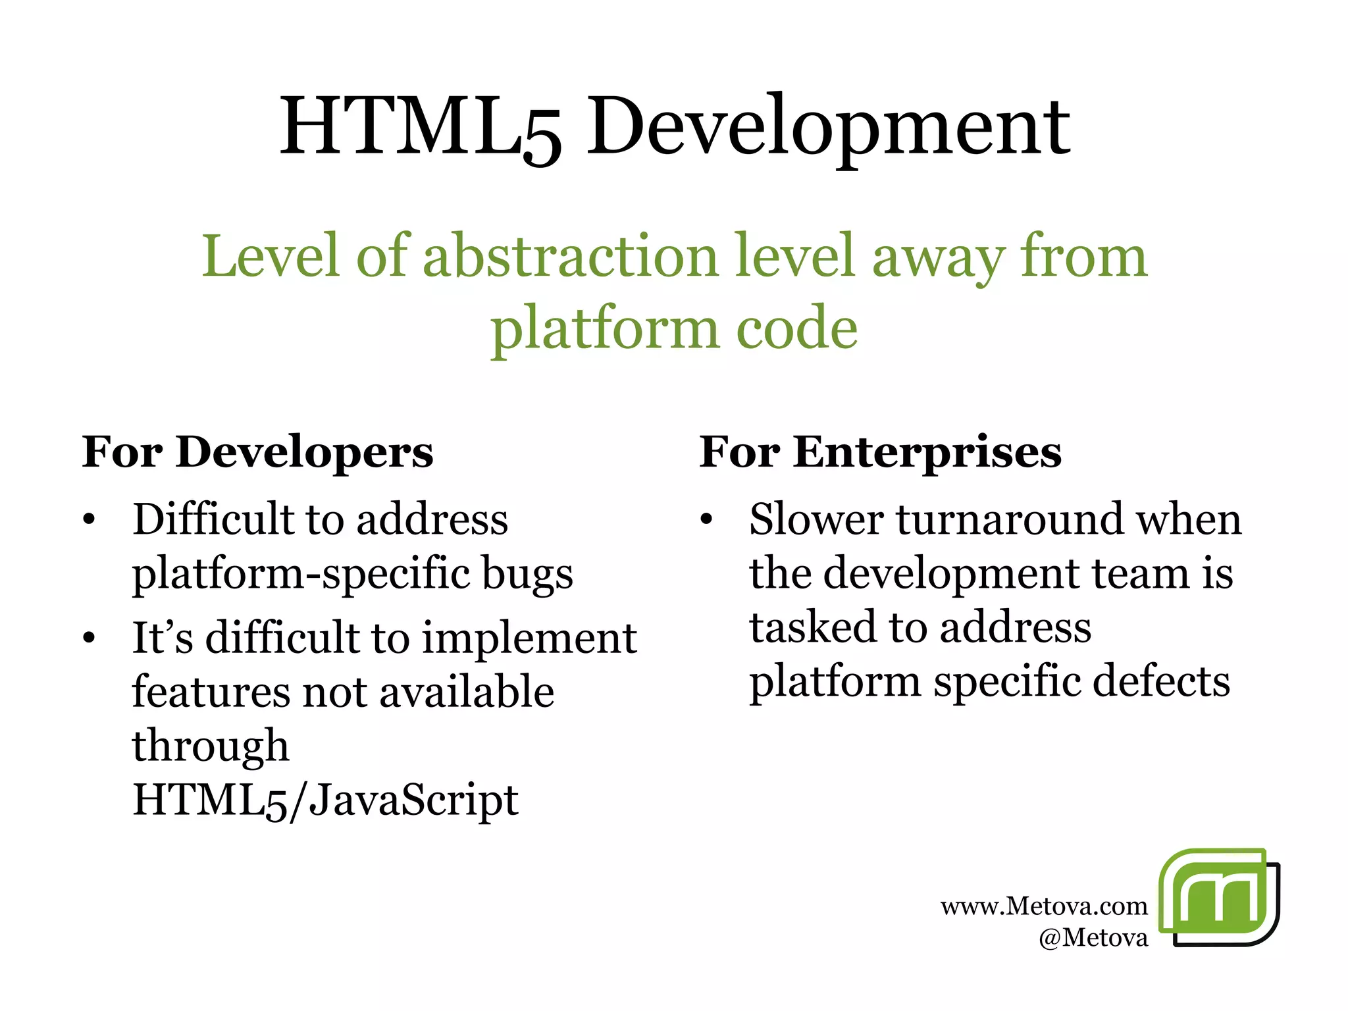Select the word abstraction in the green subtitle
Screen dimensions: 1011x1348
[570, 257]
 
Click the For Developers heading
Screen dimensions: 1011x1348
[258, 453]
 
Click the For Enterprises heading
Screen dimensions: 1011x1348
[880, 453]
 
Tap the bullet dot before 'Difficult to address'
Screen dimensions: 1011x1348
[90, 520]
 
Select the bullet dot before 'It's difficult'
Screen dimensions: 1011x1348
[90, 638]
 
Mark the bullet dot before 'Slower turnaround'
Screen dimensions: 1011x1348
[706, 520]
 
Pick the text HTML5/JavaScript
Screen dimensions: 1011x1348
[325, 800]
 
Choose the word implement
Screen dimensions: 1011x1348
[529, 638]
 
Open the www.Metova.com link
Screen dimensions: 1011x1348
[1044, 907]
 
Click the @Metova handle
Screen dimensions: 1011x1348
[1093, 937]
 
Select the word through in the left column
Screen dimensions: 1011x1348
[211, 746]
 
